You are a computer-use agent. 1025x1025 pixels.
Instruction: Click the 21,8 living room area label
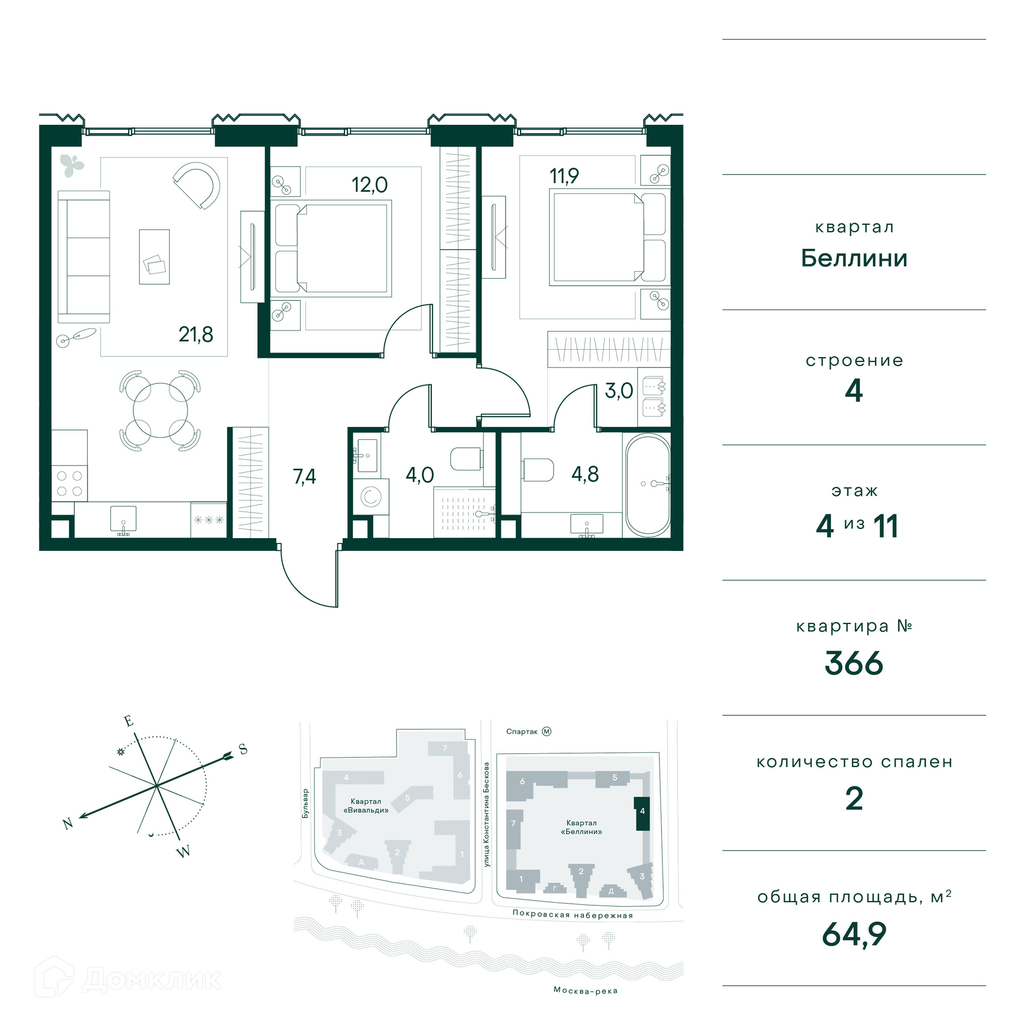point(195,335)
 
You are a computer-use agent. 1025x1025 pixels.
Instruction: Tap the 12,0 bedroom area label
point(369,185)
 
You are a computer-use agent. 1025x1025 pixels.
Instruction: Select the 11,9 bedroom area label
point(564,176)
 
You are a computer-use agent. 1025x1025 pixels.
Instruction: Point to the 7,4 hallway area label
point(304,476)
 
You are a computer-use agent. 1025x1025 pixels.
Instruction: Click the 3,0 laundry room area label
point(619,391)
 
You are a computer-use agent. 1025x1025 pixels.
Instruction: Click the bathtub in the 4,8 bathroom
point(648,485)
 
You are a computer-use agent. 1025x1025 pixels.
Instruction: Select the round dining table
point(160,411)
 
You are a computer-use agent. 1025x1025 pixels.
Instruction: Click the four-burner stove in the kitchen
point(69,483)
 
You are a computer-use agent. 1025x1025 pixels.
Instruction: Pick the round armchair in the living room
point(198,185)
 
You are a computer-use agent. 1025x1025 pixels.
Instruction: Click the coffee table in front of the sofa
point(154,257)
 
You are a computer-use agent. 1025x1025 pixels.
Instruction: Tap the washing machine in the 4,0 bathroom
point(370,497)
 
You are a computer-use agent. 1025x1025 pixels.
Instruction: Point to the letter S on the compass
point(243,749)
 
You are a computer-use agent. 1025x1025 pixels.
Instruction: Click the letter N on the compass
point(68,824)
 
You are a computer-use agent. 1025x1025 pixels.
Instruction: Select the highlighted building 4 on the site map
point(642,814)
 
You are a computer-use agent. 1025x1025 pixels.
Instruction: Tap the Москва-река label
point(586,990)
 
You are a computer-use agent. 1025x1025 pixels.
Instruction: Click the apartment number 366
point(854,664)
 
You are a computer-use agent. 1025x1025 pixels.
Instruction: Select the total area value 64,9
point(854,934)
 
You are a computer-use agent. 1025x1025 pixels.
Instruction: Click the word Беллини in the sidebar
point(854,258)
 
